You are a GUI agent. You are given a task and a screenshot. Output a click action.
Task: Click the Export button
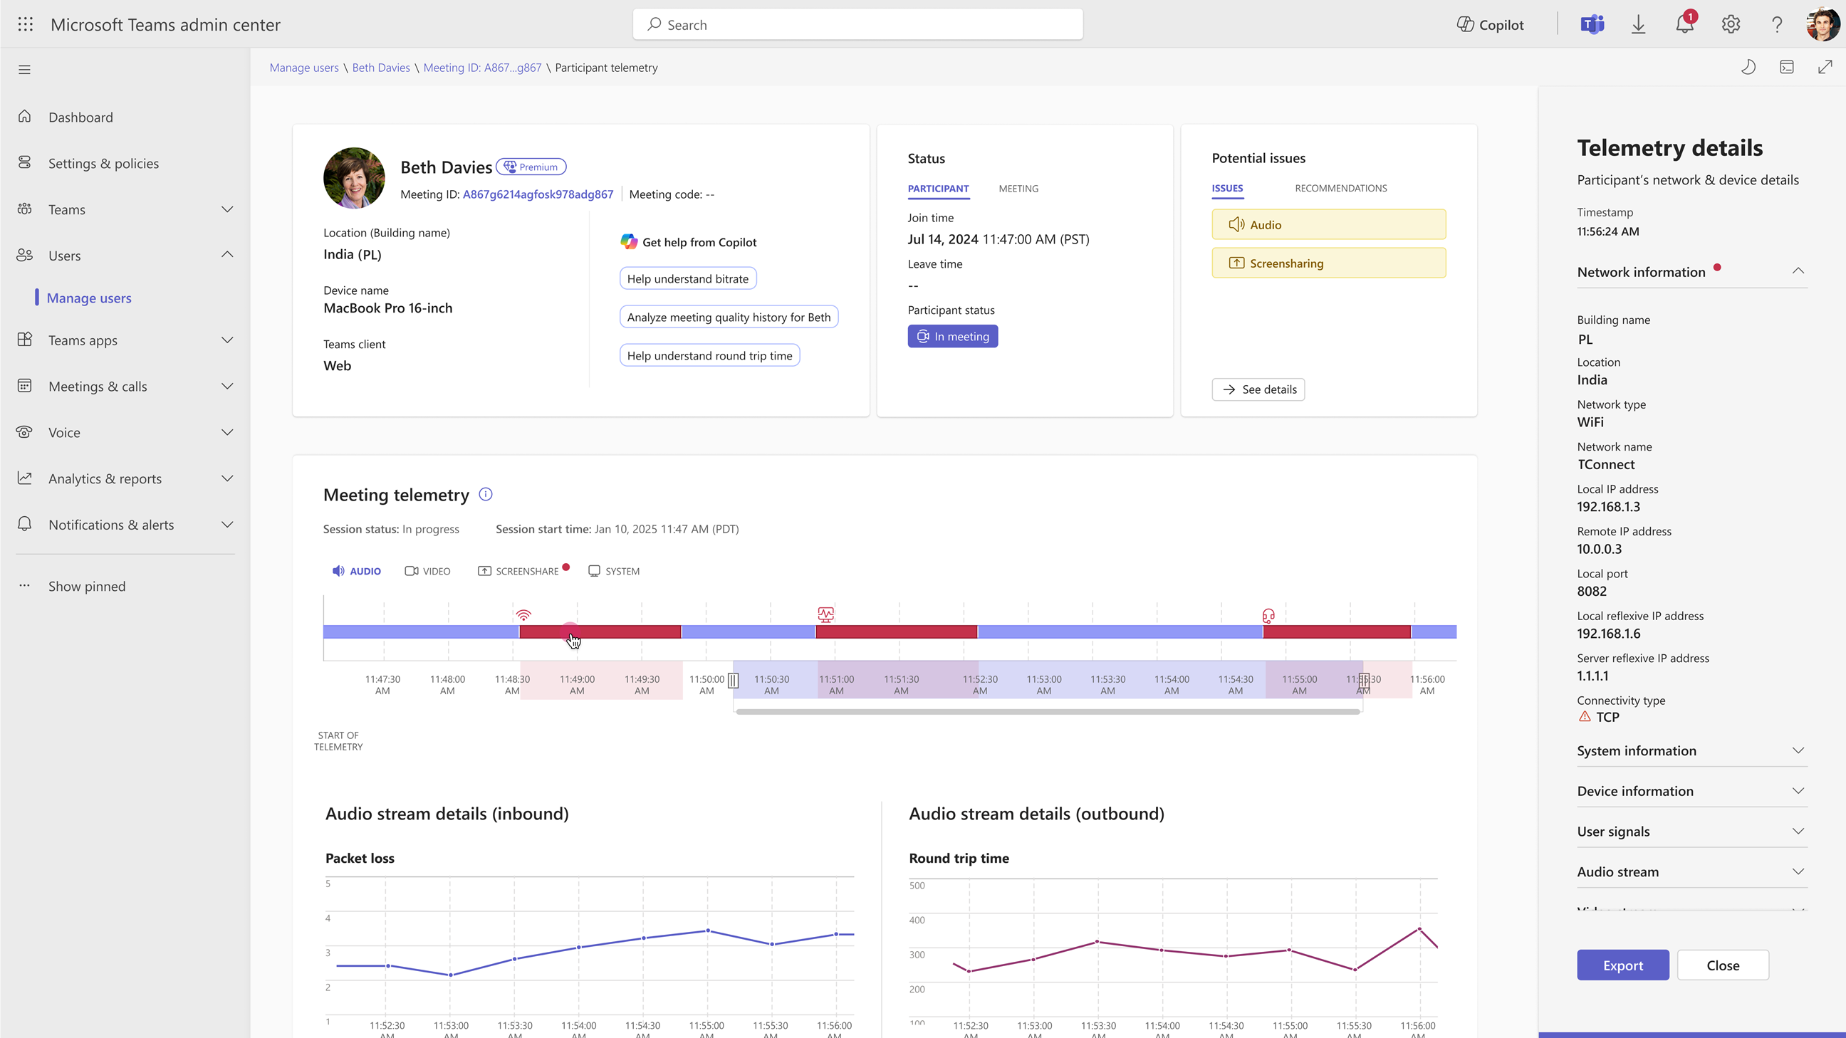[1622, 965]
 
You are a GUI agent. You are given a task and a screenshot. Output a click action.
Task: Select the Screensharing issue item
[1329, 263]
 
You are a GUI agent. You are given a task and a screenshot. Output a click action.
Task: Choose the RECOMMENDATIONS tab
[1340, 188]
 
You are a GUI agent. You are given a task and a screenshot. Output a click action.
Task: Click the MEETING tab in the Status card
[1018, 189]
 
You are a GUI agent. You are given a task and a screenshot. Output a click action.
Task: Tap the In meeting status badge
[952, 336]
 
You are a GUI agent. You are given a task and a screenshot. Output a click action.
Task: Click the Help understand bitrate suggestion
[687, 278]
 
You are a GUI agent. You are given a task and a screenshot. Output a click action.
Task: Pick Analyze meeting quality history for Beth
[729, 317]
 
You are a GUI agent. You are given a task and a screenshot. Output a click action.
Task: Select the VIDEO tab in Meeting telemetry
[428, 571]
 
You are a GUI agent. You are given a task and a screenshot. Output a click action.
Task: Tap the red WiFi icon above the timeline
[524, 614]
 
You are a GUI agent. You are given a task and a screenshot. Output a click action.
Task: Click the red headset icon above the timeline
[1268, 615]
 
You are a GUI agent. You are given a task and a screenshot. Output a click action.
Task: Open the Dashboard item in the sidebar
[80, 117]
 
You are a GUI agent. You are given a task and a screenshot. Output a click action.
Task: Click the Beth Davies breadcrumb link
[381, 68]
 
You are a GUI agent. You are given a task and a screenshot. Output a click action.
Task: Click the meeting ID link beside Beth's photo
[538, 194]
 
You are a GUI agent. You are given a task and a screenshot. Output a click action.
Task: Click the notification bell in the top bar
[1685, 24]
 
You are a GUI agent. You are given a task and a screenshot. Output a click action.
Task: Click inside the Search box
[857, 24]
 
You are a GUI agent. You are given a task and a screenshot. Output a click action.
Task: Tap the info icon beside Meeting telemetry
[486, 494]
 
